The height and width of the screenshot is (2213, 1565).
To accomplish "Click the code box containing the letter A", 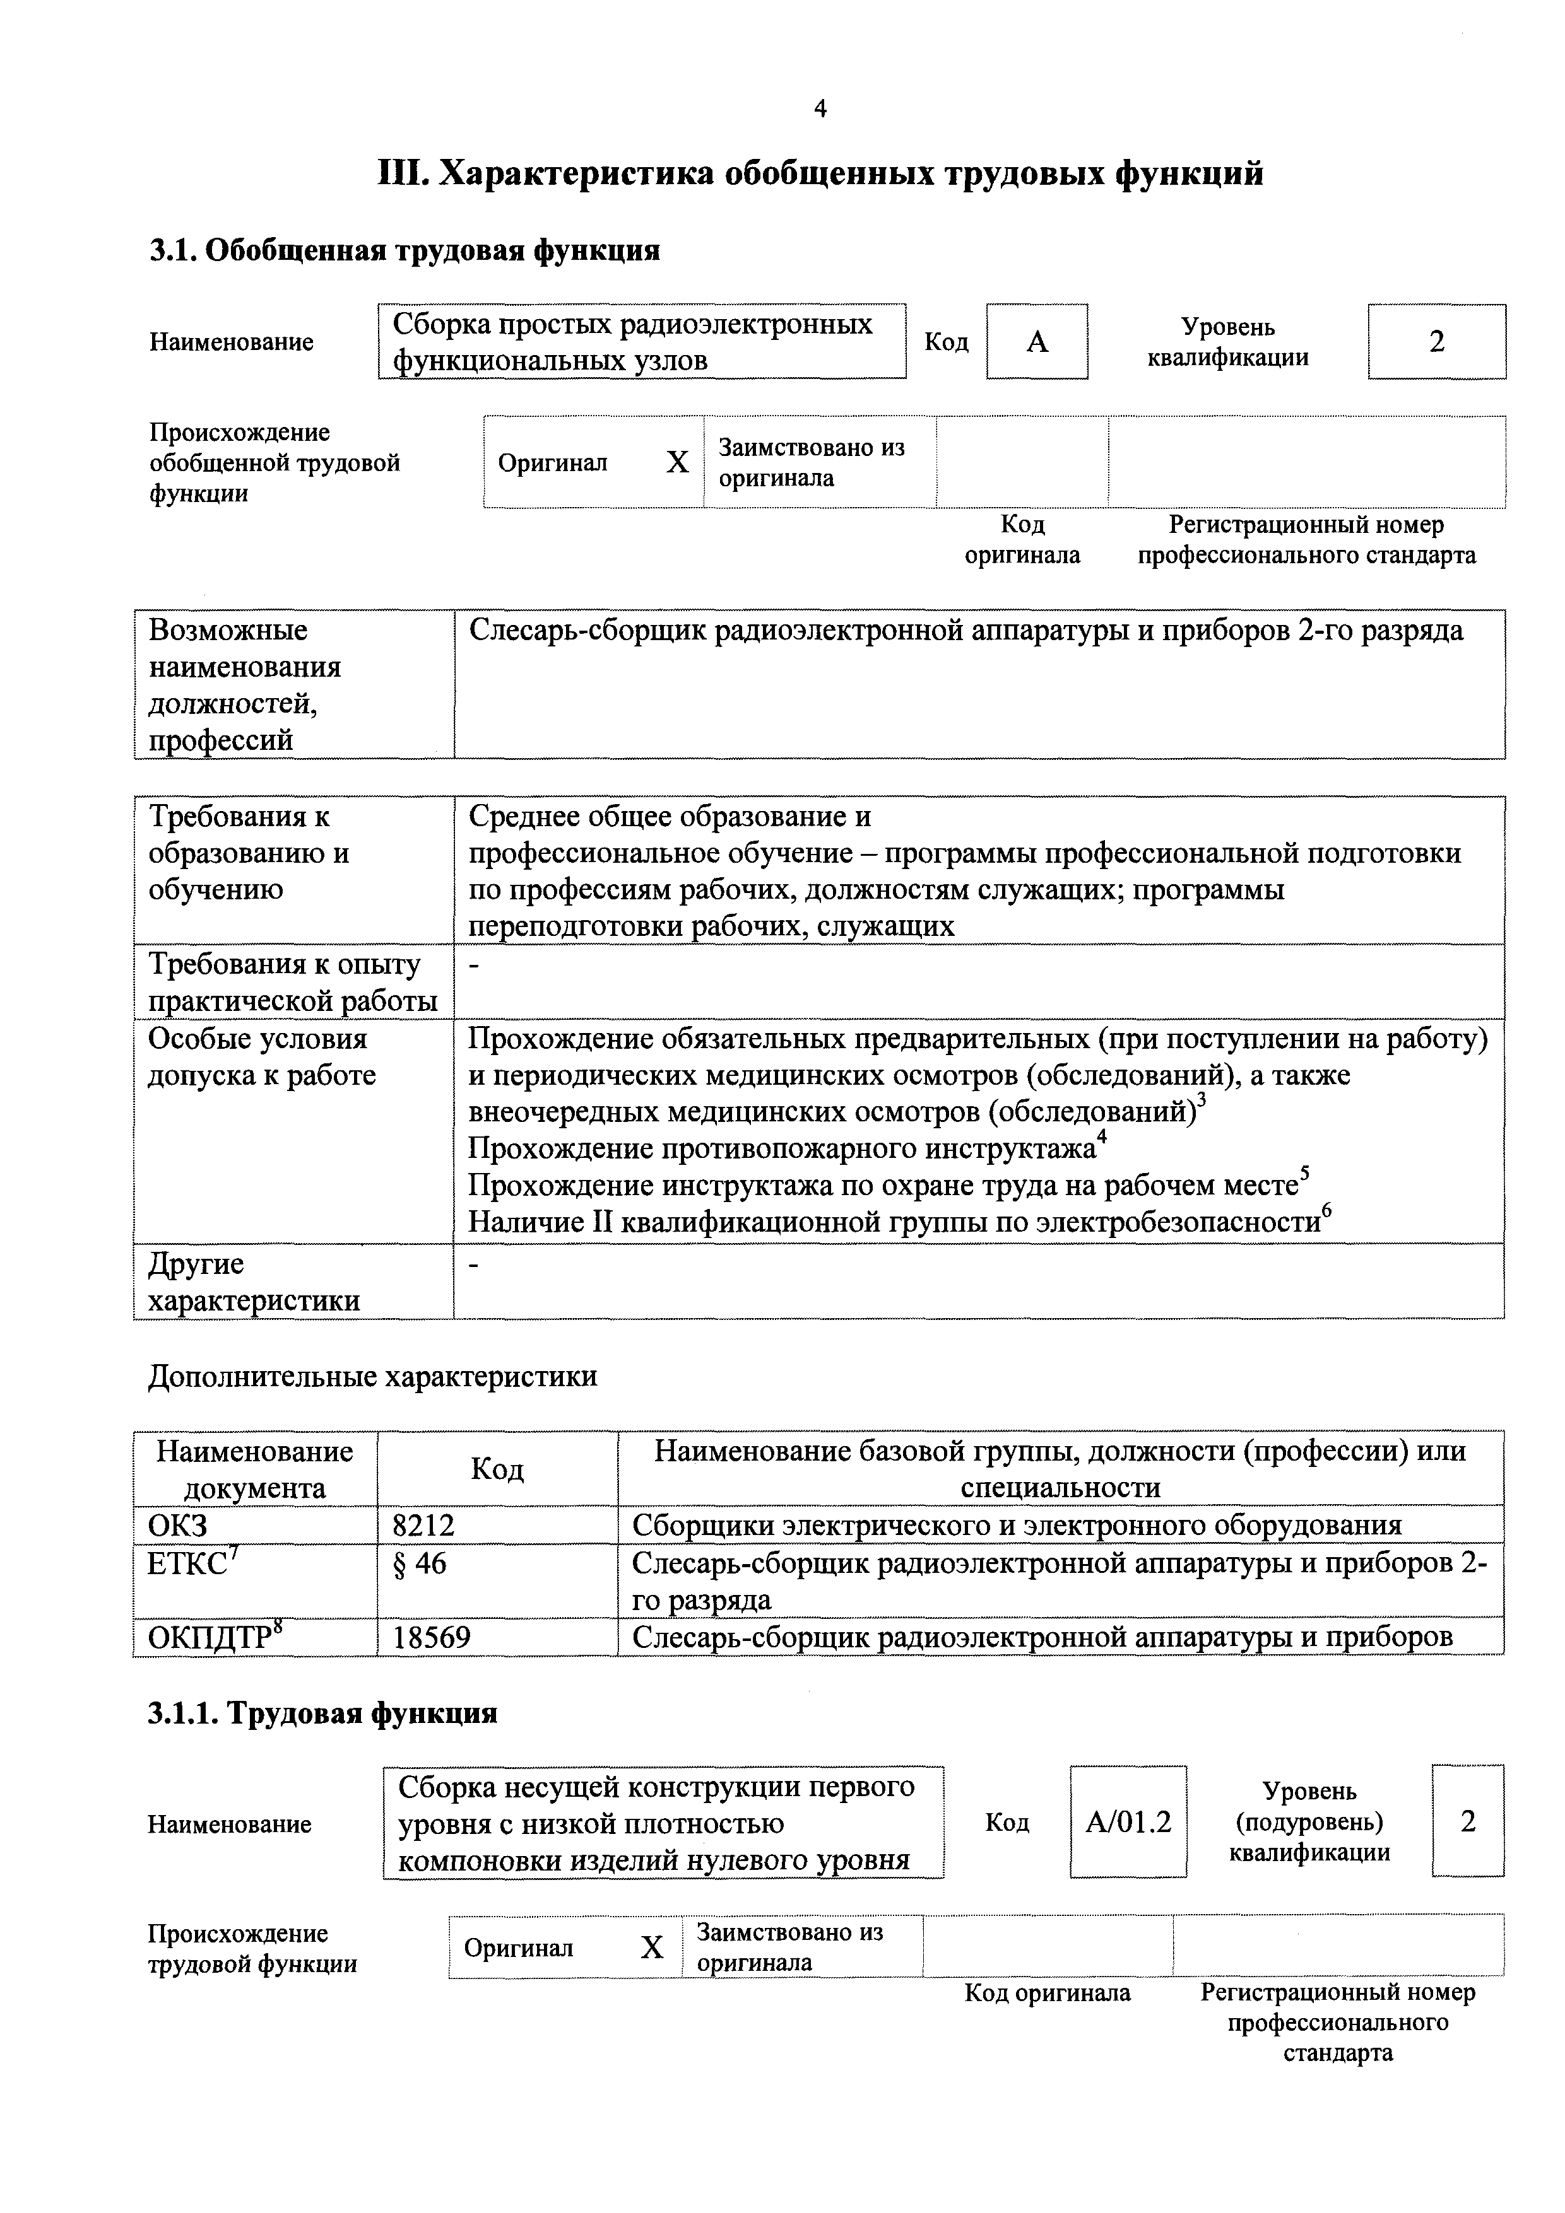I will point(1037,341).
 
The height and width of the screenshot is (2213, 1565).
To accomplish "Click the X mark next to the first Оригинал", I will point(678,463).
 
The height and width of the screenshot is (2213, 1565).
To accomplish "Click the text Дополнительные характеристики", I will point(372,1376).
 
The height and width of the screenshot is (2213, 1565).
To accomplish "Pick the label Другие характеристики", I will point(254,1282).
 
